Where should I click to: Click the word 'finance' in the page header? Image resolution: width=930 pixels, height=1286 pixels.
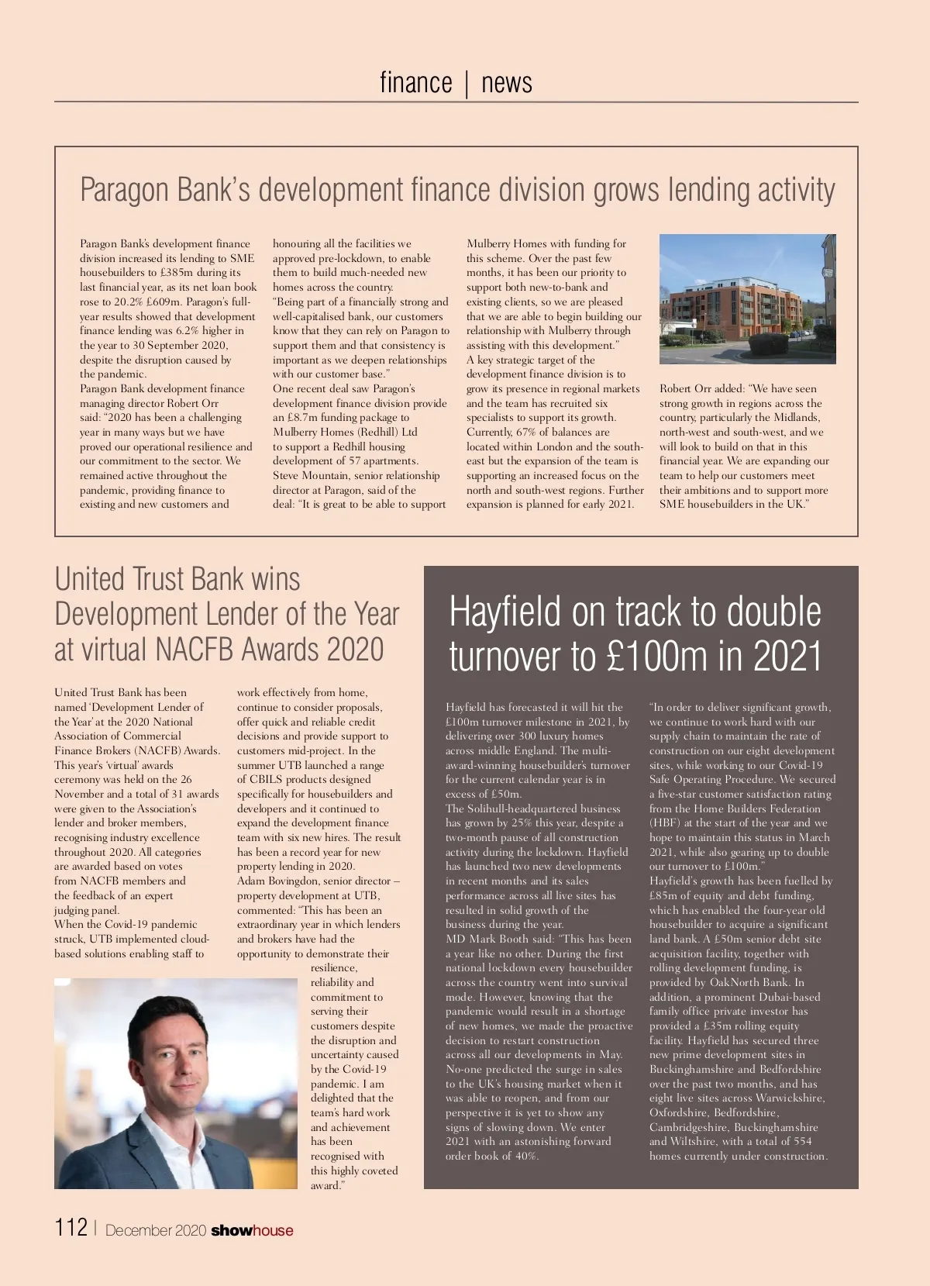point(415,82)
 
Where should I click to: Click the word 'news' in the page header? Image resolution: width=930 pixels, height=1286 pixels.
point(507,82)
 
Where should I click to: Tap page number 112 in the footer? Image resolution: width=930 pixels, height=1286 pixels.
point(71,1227)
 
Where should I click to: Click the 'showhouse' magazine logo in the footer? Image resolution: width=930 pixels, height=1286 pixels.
point(252,1230)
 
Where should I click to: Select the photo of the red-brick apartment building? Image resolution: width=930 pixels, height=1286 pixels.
point(747,299)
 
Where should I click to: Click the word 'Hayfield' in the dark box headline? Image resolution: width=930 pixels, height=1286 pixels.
point(505,612)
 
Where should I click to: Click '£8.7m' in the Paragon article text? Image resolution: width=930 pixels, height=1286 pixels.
point(303,418)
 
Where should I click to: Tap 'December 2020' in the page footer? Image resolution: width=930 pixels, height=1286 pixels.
point(156,1230)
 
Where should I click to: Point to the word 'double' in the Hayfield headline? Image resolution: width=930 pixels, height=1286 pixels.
point(773,612)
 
